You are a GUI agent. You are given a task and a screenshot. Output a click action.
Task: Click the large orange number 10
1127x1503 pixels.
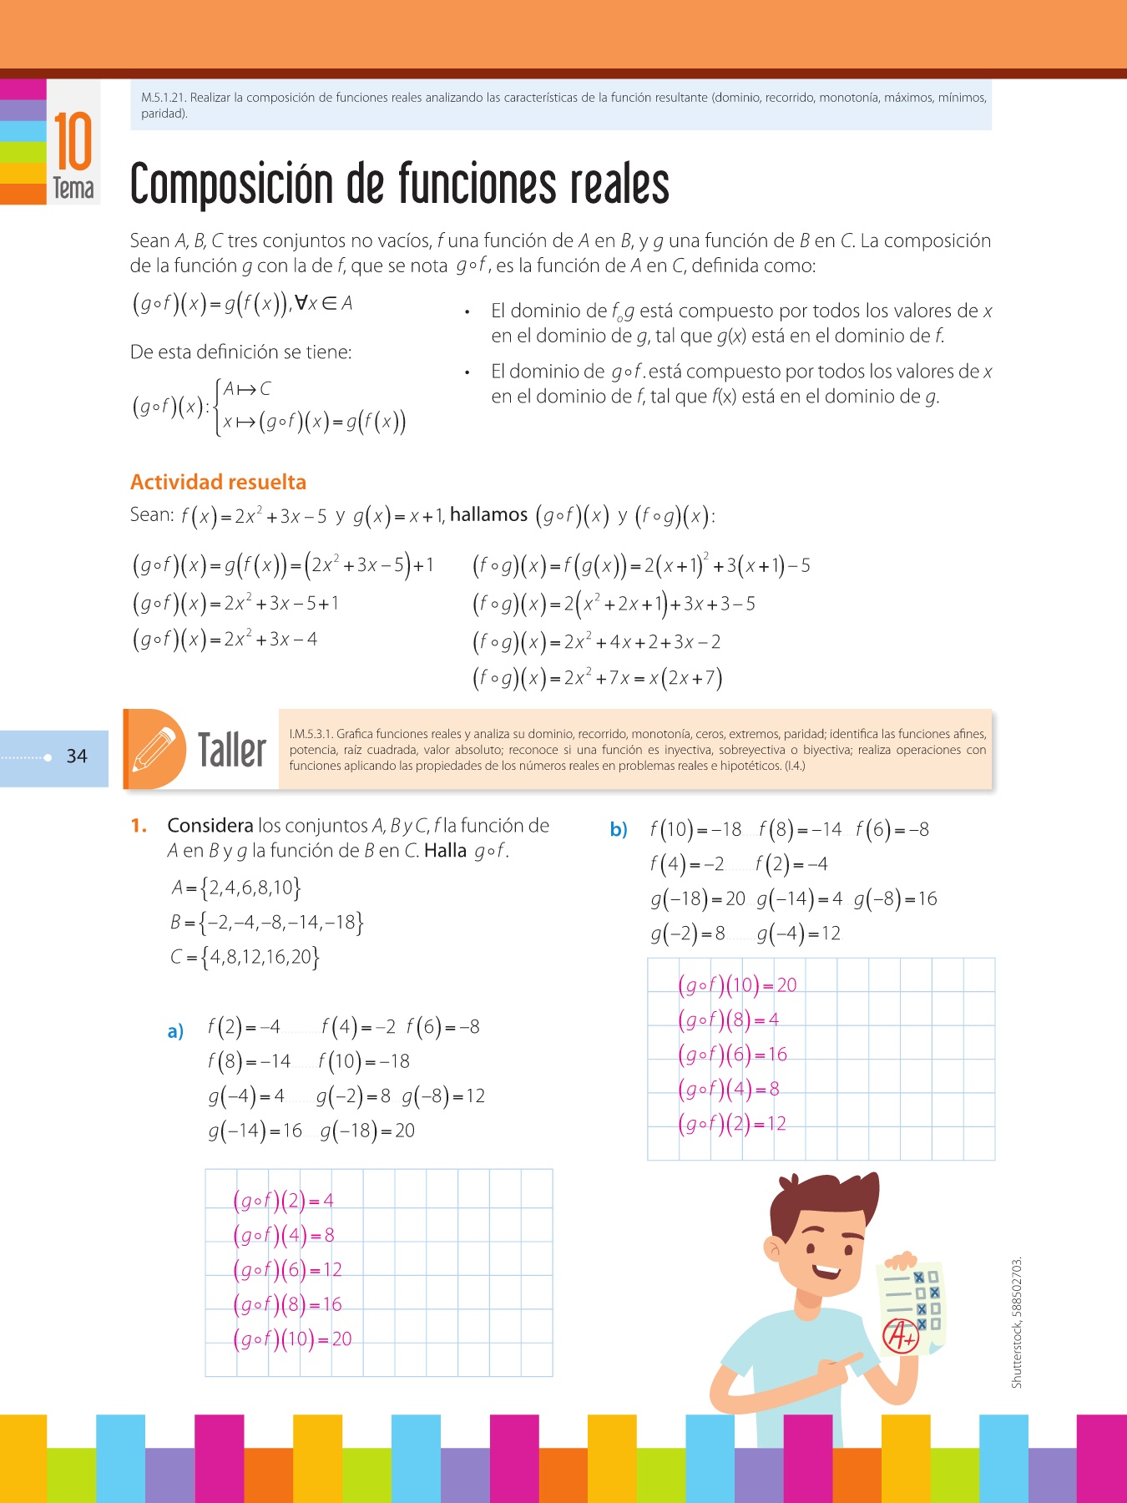click(73, 142)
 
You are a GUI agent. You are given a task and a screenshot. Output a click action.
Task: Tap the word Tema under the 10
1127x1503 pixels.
click(73, 189)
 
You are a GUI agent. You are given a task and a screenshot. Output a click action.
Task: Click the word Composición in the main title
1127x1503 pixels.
click(231, 185)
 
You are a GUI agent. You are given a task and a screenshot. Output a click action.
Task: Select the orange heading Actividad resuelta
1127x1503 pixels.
click(218, 482)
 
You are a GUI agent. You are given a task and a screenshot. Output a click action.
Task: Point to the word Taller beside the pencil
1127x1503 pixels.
click(231, 749)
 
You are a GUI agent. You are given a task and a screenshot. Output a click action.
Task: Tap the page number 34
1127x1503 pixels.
click(77, 757)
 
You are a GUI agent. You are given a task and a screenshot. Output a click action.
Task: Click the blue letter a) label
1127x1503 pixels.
click(175, 1031)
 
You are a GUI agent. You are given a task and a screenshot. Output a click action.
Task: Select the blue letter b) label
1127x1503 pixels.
click(619, 830)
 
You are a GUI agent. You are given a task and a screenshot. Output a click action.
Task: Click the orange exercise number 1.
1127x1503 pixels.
click(139, 826)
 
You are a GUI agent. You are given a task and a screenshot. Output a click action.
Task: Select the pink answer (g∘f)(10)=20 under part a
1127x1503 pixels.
click(292, 1339)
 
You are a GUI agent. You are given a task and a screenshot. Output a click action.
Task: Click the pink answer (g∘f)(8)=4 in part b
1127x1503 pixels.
click(728, 1020)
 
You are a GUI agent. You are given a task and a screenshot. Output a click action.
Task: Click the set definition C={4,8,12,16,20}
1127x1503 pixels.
click(245, 957)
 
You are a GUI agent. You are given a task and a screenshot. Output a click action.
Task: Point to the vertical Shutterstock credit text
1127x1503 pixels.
click(1016, 1323)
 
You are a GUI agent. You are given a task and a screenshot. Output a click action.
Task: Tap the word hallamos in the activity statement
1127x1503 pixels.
click(488, 514)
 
